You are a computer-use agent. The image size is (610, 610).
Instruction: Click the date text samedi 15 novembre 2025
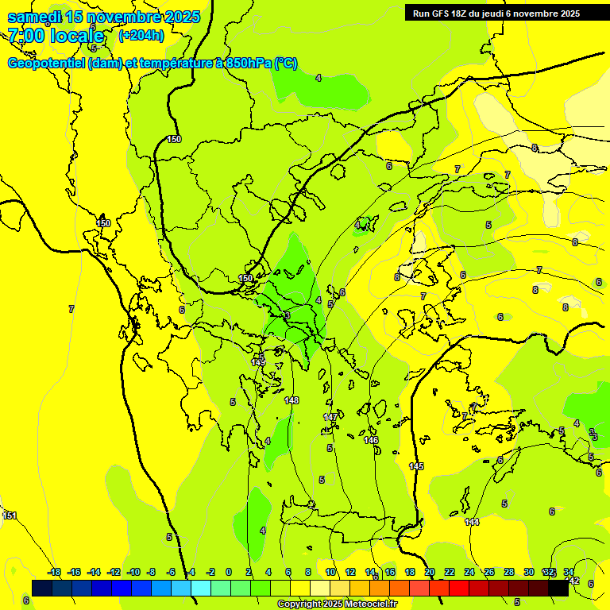pyautogui.click(x=103, y=17)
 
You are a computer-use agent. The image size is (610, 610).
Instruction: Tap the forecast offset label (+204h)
pyautogui.click(x=141, y=35)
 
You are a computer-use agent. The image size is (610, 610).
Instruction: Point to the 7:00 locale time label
pyautogui.click(x=56, y=36)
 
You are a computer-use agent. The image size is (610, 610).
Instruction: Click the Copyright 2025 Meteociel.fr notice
pyautogui.click(x=338, y=604)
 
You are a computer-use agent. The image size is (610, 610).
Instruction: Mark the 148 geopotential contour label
pyautogui.click(x=291, y=400)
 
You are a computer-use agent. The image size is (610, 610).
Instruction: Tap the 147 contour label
pyautogui.click(x=330, y=417)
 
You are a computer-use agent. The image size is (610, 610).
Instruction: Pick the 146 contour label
pyautogui.click(x=371, y=440)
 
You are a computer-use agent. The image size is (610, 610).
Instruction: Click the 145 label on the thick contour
pyautogui.click(x=416, y=466)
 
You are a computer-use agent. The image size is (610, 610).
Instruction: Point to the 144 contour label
pyautogui.click(x=472, y=522)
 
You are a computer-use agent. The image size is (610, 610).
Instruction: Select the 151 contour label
pyautogui.click(x=10, y=515)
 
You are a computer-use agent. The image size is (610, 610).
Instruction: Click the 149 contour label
pyautogui.click(x=258, y=362)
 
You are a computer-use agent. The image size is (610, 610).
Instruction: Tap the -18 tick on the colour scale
pyautogui.click(x=54, y=572)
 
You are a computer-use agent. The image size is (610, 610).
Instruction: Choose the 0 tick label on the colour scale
pyautogui.click(x=229, y=572)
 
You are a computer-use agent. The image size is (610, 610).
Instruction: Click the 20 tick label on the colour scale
pyautogui.click(x=430, y=572)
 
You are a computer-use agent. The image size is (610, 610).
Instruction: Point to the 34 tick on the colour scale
pyautogui.click(x=569, y=572)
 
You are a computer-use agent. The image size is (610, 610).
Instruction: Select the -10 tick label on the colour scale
pyautogui.click(x=133, y=572)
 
